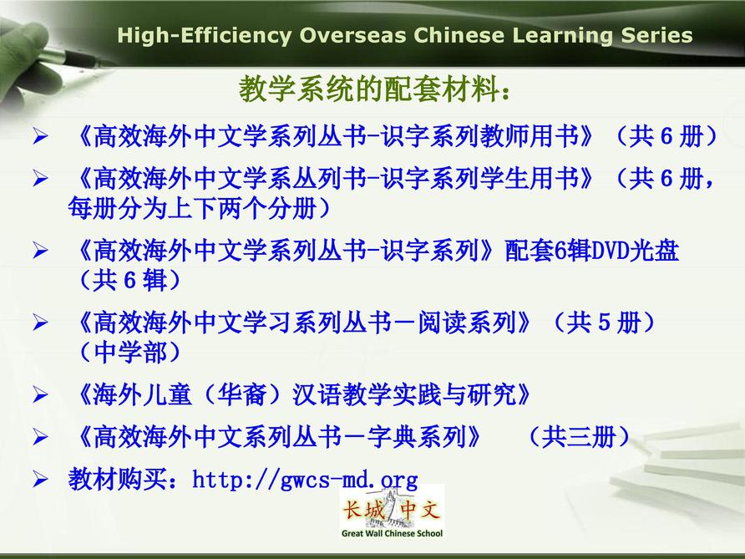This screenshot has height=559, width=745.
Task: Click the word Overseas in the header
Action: click(x=353, y=36)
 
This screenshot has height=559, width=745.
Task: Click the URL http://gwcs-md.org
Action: click(x=305, y=479)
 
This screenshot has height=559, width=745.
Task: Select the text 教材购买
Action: click(x=118, y=479)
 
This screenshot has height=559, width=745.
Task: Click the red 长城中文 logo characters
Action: click(x=392, y=511)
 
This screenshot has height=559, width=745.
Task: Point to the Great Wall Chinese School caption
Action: click(x=392, y=533)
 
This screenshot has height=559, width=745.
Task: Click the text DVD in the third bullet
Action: click(x=610, y=251)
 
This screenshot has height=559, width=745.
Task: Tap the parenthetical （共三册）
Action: click(x=579, y=437)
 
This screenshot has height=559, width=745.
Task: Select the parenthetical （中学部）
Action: click(x=129, y=353)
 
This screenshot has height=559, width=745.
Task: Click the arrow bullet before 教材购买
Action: click(x=40, y=480)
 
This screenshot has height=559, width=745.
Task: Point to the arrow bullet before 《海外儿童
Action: click(x=40, y=395)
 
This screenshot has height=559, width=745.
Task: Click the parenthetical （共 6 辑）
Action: click(x=129, y=280)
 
